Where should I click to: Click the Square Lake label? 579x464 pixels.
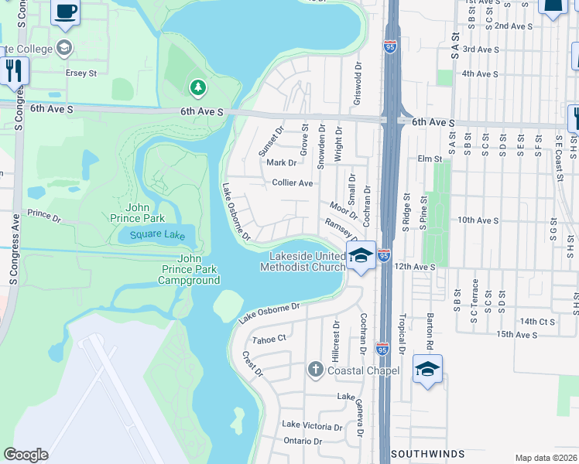click(157, 235)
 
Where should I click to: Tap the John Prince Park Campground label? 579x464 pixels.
click(189, 270)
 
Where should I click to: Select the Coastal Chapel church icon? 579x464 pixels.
click(315, 370)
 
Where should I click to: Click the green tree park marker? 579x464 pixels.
click(198, 87)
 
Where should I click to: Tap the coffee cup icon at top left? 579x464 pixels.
click(66, 11)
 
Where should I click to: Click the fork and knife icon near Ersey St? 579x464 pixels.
click(13, 71)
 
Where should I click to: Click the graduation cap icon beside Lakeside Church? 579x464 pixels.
click(361, 256)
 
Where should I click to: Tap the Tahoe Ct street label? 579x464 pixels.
click(270, 338)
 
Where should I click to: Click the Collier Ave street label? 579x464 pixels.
click(293, 183)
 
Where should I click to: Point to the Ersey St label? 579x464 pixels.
click(81, 73)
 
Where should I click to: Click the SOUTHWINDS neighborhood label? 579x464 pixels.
click(427, 453)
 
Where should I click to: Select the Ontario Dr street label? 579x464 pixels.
click(302, 441)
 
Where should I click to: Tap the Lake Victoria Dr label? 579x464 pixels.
click(312, 426)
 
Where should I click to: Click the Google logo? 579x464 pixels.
click(26, 455)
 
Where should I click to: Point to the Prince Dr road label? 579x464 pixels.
click(44, 213)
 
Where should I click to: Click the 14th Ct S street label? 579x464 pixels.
click(537, 321)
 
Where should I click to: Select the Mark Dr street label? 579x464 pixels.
click(281, 162)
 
